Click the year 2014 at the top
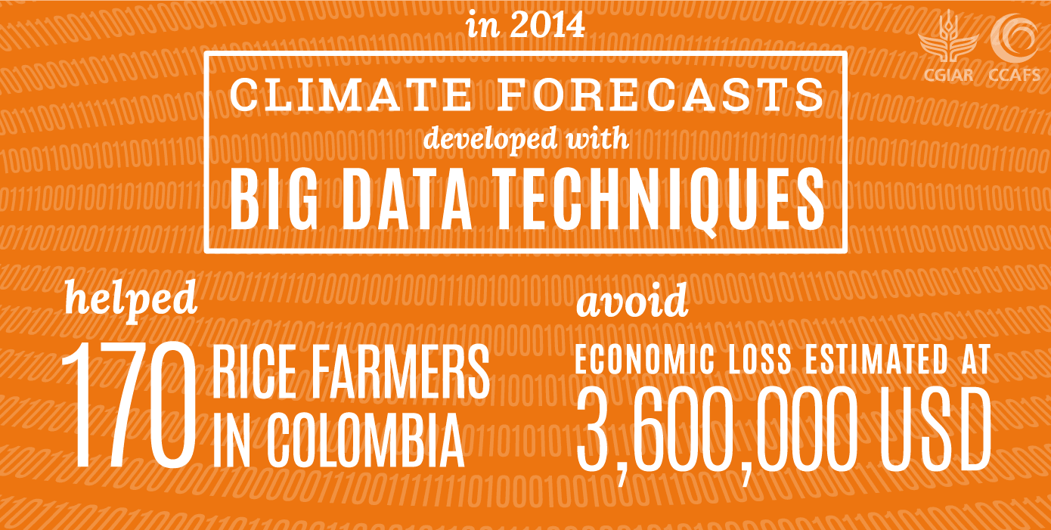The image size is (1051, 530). click(x=547, y=26)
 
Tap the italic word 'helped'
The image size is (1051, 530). click(x=131, y=300)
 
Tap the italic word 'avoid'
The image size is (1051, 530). click(x=632, y=300)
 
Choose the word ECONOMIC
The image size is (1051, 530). click(x=645, y=359)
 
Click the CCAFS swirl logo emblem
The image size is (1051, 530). click(x=1013, y=38)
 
